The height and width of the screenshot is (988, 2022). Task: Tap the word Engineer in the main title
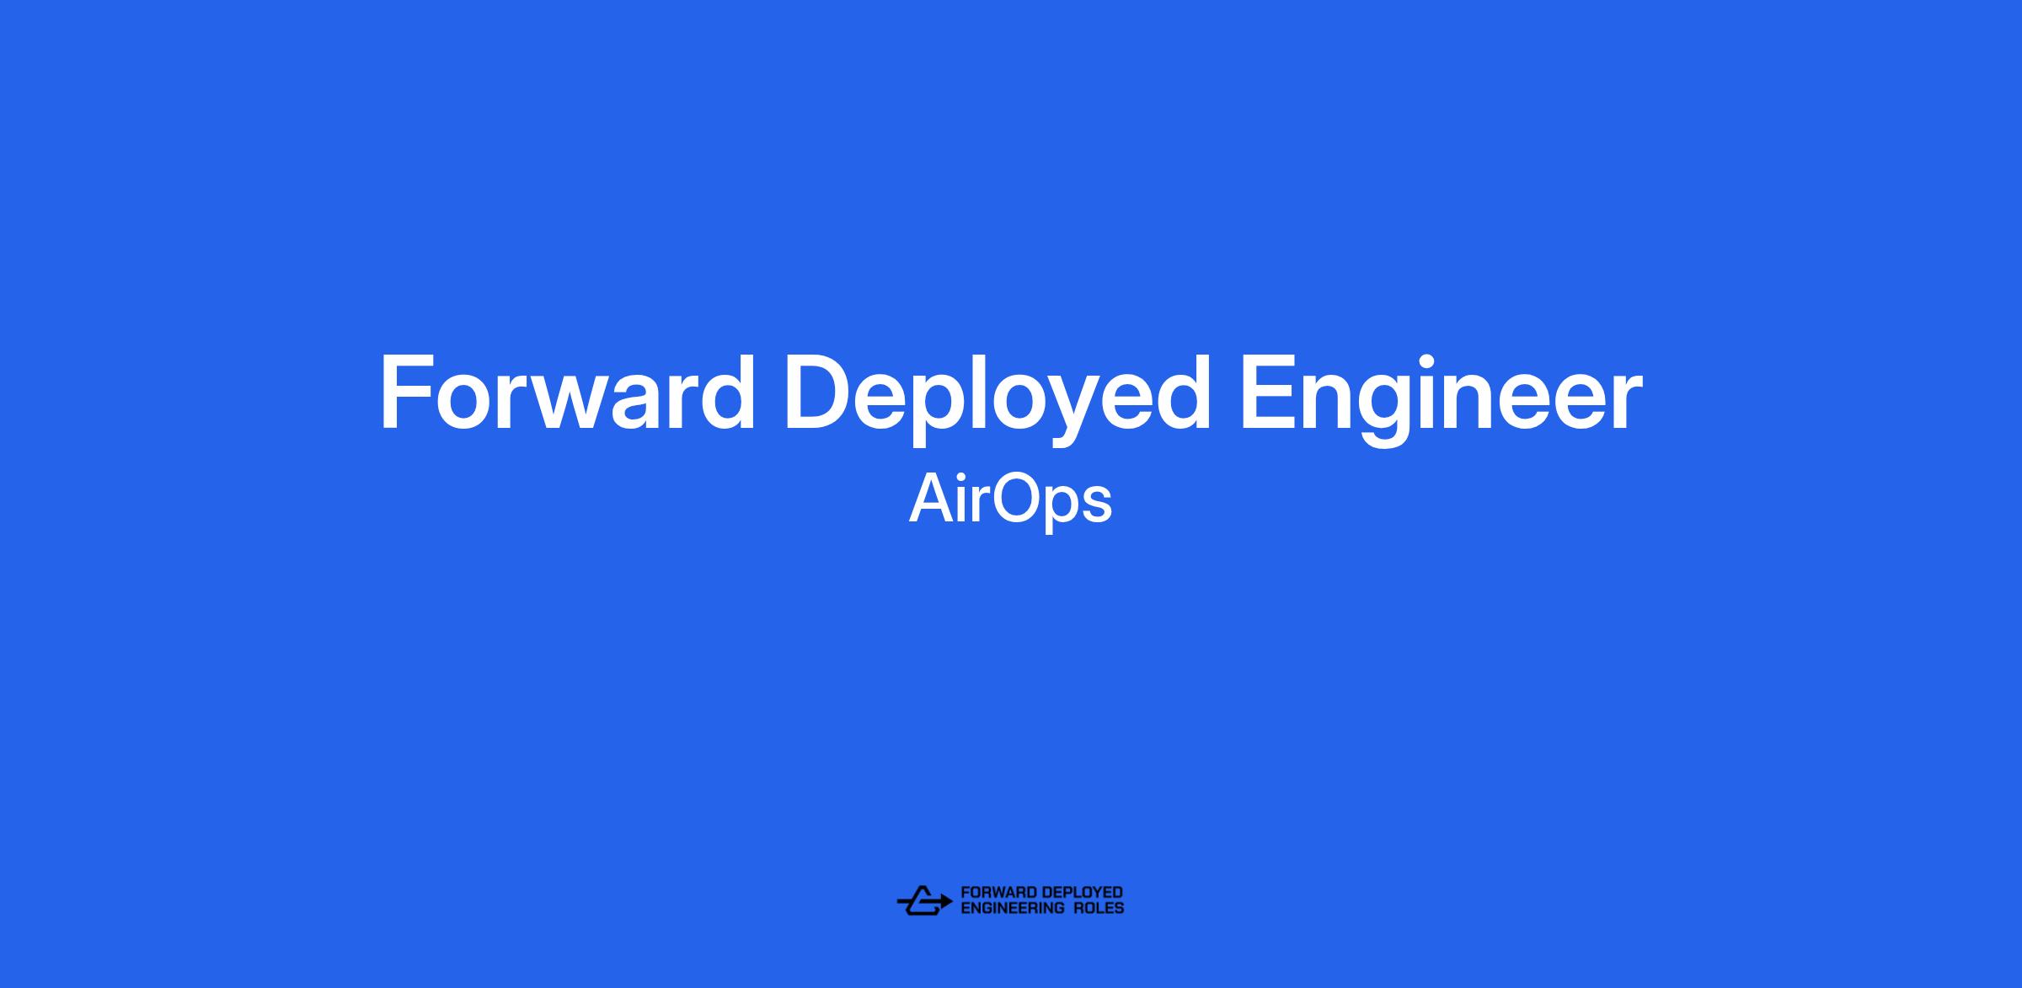click(x=1441, y=398)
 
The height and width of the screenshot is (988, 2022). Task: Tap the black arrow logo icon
click(x=924, y=900)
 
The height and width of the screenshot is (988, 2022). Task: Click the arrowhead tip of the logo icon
click(x=953, y=902)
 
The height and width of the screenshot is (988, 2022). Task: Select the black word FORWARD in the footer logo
click(x=998, y=893)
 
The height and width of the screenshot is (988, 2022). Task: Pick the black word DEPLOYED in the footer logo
click(x=1082, y=893)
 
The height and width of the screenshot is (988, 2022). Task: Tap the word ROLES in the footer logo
click(x=1099, y=908)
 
